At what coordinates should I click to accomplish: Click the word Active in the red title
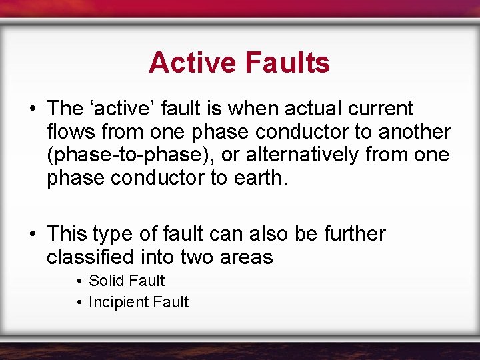[x=193, y=63]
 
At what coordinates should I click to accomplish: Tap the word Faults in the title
[x=287, y=63]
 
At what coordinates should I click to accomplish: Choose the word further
[x=355, y=234]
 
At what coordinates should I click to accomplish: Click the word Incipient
[x=119, y=302]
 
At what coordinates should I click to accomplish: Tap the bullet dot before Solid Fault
[x=79, y=281]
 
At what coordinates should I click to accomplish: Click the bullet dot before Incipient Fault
[x=79, y=303]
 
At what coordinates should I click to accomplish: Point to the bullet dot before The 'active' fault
[x=32, y=109]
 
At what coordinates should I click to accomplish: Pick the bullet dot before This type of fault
[x=32, y=235]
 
